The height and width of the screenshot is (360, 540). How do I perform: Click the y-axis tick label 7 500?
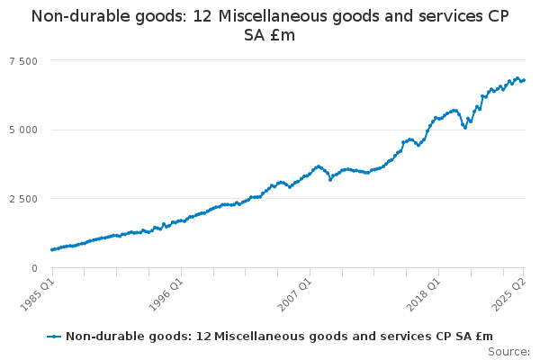click(24, 60)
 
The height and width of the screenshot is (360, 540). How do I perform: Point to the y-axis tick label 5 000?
click(24, 130)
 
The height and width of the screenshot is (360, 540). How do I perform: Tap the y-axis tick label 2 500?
click(24, 199)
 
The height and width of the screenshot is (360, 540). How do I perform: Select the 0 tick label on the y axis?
click(34, 268)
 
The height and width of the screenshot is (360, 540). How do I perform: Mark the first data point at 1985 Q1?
click(52, 249)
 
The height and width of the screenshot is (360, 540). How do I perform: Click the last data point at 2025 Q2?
click(524, 80)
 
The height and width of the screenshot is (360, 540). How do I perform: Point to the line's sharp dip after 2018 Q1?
click(464, 128)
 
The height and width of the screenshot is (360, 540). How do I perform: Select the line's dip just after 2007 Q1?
click(330, 179)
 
